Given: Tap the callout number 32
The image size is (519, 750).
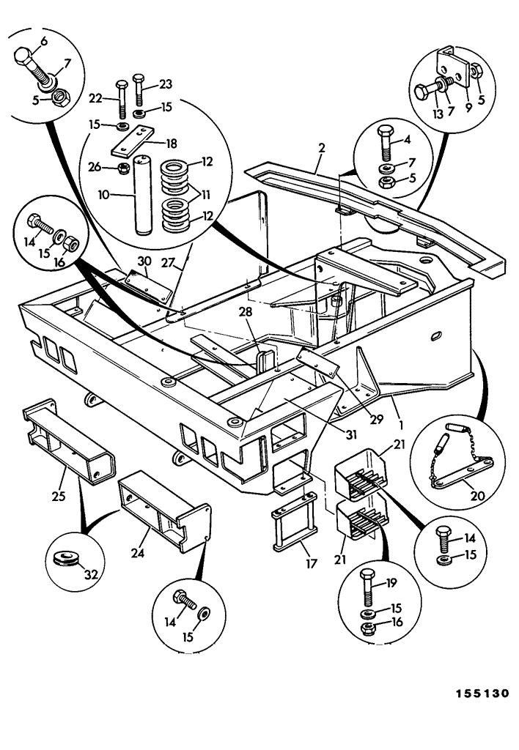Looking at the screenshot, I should tap(91, 576).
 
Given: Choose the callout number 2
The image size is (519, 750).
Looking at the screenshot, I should tap(322, 147).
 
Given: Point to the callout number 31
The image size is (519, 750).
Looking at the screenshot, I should tap(351, 434).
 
